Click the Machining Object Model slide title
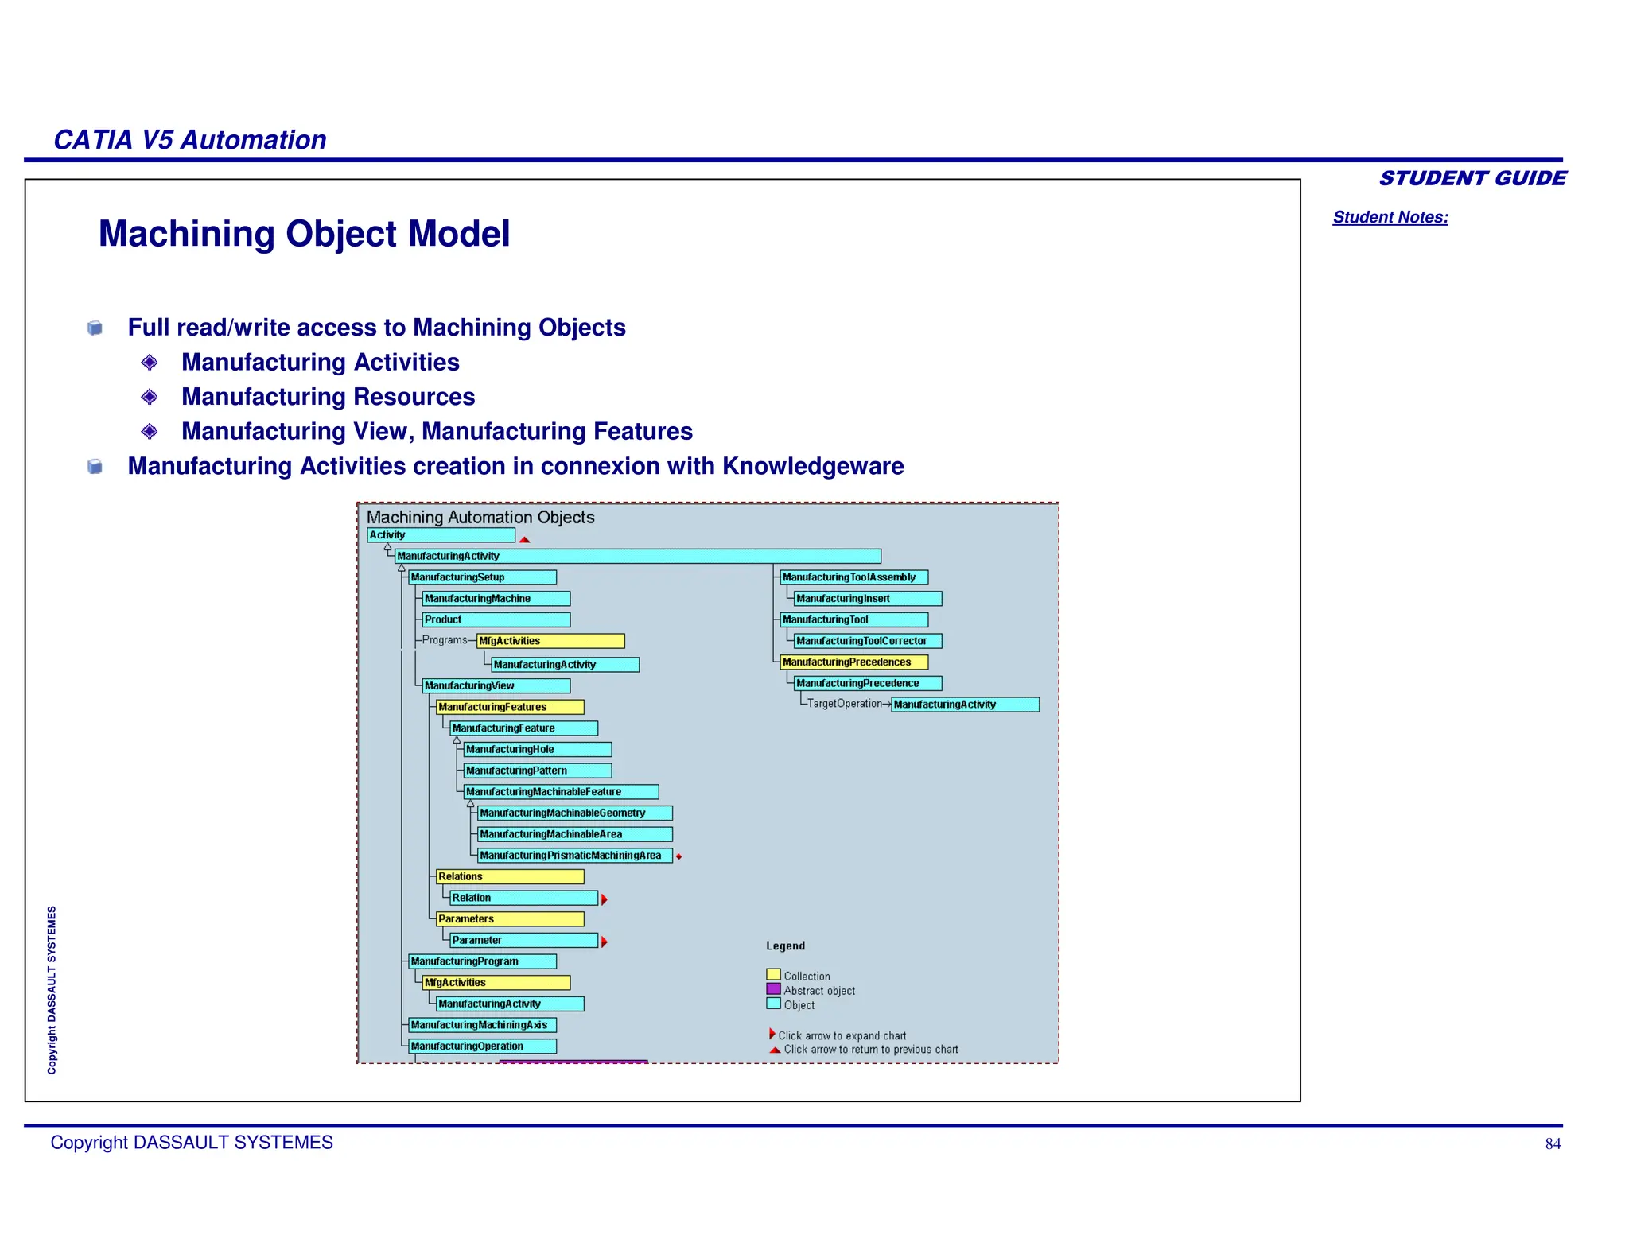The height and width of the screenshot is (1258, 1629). point(304,234)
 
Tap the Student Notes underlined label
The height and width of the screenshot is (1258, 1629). point(1390,217)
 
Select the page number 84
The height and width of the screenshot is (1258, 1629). point(1553,1143)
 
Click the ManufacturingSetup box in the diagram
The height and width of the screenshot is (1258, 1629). point(482,577)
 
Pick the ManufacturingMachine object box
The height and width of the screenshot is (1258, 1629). point(496,599)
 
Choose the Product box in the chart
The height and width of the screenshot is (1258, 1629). point(496,619)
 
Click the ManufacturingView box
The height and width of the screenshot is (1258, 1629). point(496,685)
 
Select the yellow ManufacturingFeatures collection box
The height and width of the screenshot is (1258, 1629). point(510,707)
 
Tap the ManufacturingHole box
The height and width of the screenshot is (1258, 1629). point(538,749)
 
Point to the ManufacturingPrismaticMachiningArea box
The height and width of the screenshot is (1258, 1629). point(574,856)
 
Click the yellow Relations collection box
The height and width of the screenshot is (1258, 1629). point(510,876)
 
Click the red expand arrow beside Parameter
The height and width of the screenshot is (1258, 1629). point(605,942)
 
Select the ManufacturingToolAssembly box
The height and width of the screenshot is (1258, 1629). point(853,577)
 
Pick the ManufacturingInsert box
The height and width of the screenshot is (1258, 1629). point(868,599)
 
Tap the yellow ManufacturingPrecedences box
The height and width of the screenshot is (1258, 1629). point(853,662)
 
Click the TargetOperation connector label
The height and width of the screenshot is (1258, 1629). point(844,704)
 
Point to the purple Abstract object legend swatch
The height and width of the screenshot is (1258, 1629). point(773,989)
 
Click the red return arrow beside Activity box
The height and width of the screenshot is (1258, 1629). point(524,539)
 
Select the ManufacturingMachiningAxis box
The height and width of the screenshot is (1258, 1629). point(482,1025)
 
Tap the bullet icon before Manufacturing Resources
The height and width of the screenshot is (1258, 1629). point(150,396)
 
